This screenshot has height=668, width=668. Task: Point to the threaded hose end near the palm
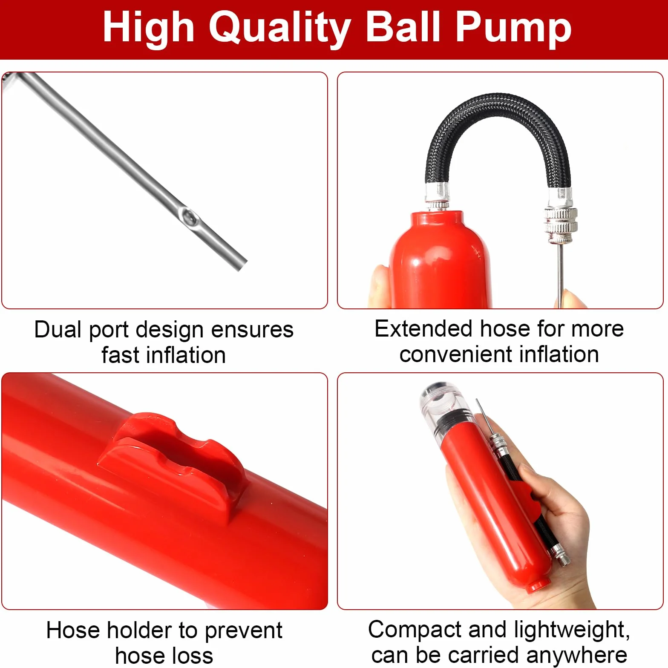pos(561,556)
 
